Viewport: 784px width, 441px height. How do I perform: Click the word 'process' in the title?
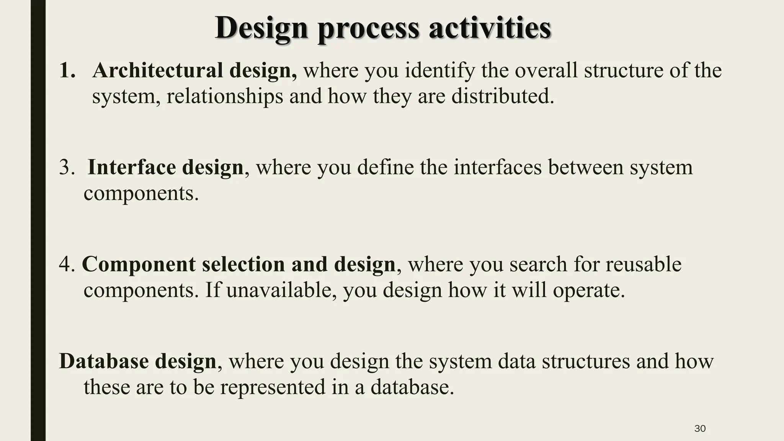click(368, 29)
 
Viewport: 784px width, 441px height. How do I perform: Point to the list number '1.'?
click(67, 71)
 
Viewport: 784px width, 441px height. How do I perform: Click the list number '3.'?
click(67, 168)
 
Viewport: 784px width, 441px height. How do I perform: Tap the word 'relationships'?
click(224, 96)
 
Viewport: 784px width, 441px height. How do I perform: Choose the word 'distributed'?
click(502, 96)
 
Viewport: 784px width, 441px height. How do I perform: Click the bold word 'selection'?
click(243, 265)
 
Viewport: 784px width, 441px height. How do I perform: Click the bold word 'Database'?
click(104, 361)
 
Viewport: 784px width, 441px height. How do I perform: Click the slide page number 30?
click(700, 428)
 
